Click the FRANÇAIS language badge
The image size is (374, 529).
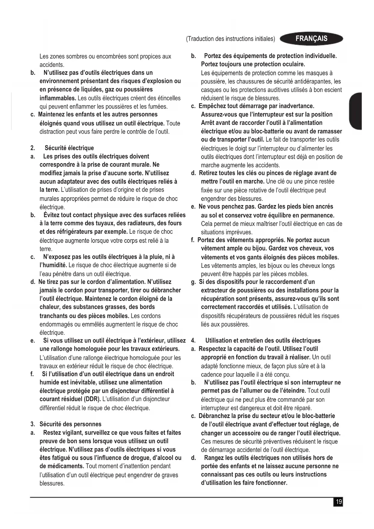(311, 39)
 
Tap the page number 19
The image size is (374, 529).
(339, 502)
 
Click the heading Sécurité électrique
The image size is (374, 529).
(69, 148)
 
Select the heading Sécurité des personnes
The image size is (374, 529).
(70, 424)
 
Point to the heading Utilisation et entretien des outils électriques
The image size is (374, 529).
(263, 341)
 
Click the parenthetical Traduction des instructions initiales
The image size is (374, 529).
(231, 39)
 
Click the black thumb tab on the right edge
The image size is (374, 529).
(356, 111)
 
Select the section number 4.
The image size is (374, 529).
(193, 341)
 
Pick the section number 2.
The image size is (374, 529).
(33, 148)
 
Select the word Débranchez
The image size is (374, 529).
(214, 416)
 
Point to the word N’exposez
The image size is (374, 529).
(57, 257)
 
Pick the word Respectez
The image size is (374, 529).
(213, 349)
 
